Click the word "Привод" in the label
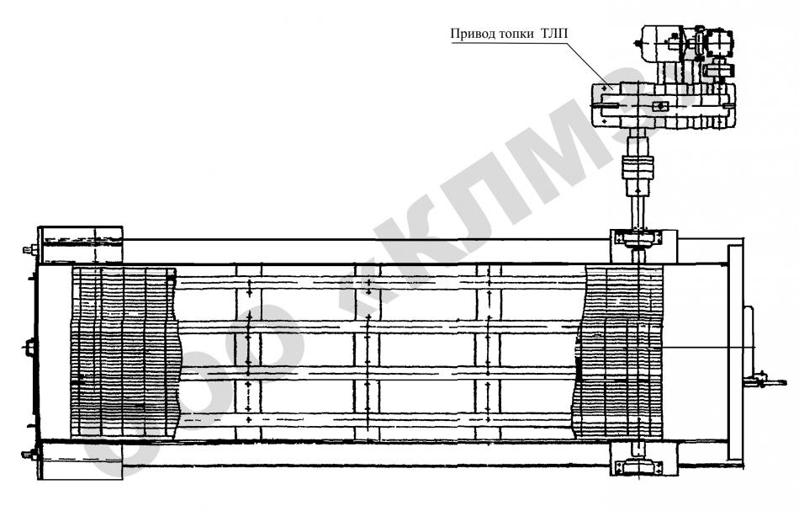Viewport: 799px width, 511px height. click(x=472, y=35)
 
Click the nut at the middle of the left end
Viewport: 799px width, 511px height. click(x=32, y=346)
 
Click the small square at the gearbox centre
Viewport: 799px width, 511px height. click(x=661, y=106)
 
